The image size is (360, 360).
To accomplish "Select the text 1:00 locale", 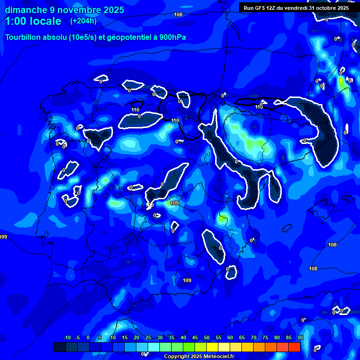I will click(33, 21).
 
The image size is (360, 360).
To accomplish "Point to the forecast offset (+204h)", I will click(84, 21).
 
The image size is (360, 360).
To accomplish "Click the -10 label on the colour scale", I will click(67, 338).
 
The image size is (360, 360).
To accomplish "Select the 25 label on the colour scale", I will click(148, 338).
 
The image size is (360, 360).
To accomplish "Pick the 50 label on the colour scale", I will click(206, 338).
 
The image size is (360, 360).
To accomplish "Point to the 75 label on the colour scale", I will click(265, 338).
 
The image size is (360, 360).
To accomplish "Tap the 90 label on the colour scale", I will click(300, 338).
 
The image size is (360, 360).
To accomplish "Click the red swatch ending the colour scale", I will click(294, 347).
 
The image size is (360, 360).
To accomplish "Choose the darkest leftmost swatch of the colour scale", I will click(60, 347).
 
